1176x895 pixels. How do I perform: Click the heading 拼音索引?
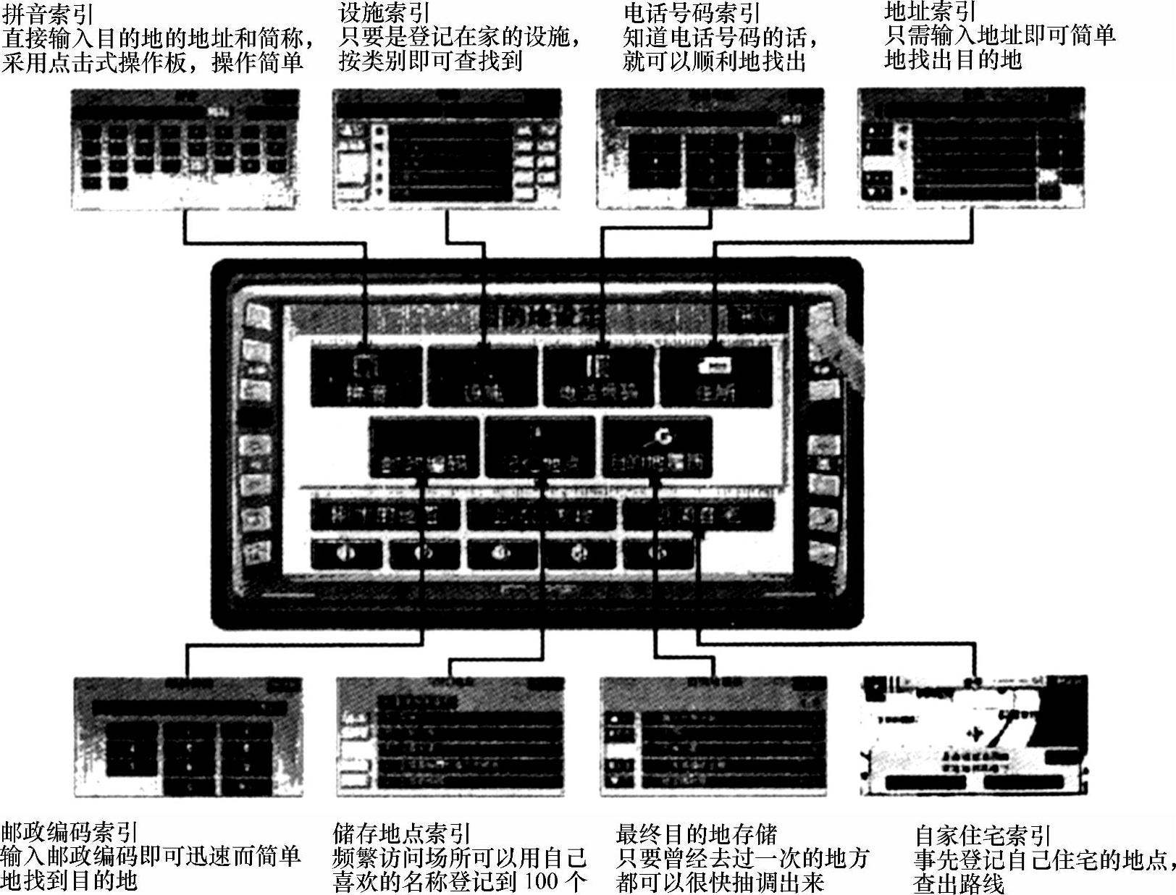tap(48, 14)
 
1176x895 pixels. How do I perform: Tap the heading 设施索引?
tap(384, 12)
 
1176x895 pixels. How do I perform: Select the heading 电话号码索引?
tap(692, 12)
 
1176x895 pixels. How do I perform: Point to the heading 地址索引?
tap(930, 11)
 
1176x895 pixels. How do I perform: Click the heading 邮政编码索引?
tap(70, 833)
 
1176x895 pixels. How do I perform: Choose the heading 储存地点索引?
tap(402, 833)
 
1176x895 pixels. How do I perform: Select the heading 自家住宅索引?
tap(982, 836)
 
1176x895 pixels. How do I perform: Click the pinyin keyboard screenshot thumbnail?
tap(185, 149)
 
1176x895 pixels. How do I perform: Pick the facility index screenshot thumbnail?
tap(447, 149)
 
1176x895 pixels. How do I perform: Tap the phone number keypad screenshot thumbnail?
tap(710, 149)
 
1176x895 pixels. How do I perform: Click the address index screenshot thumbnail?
tap(971, 148)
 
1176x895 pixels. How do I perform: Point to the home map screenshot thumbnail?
tap(974, 736)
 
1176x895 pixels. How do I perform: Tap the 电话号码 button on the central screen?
tap(600, 377)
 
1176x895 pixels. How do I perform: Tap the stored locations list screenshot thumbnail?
tap(450, 736)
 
